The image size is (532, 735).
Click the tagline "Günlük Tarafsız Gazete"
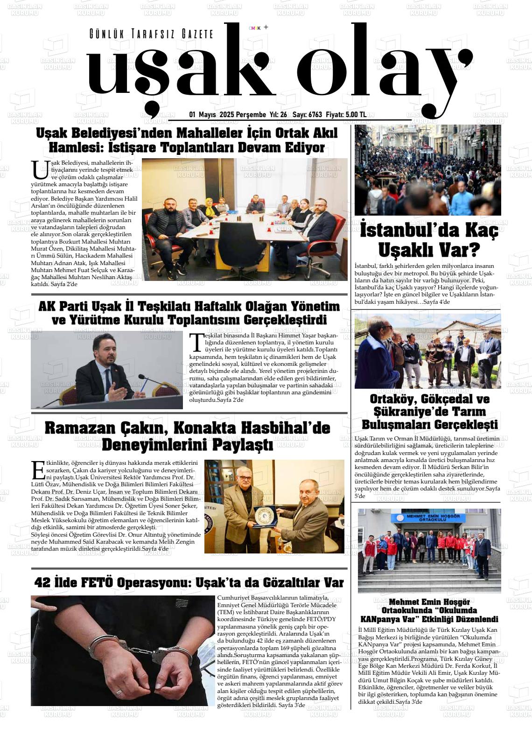pos(151,34)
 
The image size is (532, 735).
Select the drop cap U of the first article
pos(40,170)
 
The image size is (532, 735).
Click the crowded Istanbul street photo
pos(427,170)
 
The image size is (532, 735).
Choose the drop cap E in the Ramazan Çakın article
pos(38,470)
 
